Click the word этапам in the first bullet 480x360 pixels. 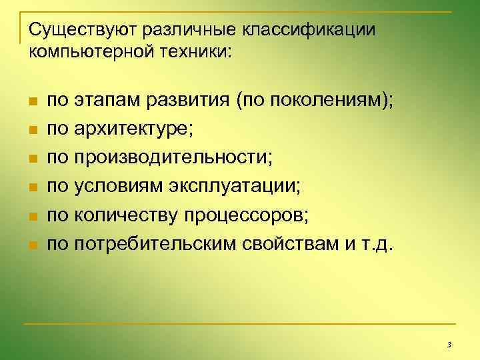(102, 101)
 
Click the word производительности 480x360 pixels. (174, 159)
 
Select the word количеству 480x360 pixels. (123, 216)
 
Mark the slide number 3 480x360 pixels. (449, 345)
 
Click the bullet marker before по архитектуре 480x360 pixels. (32, 131)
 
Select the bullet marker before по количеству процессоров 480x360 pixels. (32, 217)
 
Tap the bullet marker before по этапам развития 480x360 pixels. (32, 102)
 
